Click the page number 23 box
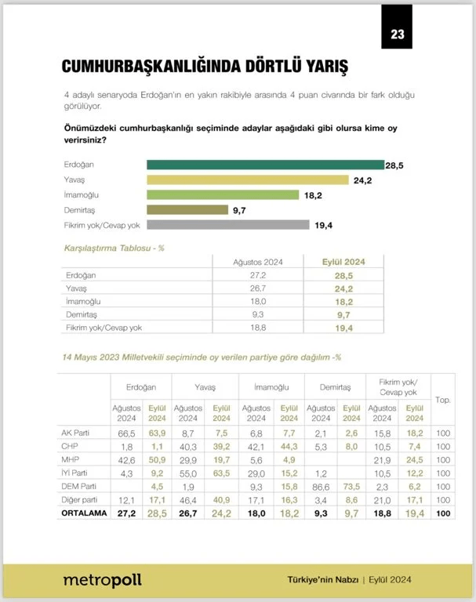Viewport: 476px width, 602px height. tap(396, 33)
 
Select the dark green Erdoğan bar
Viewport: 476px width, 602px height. tap(265, 165)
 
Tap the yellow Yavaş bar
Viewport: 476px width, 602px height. tap(248, 180)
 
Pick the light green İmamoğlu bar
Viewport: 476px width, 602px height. tap(223, 194)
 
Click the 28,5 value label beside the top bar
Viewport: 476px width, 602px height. tap(394, 165)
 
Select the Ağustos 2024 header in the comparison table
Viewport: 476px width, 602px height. tap(258, 262)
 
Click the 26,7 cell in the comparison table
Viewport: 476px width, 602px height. tap(258, 288)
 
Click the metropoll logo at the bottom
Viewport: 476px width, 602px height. tap(102, 580)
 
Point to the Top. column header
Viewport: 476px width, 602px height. tap(443, 400)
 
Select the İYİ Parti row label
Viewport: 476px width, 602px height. tap(78, 473)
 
